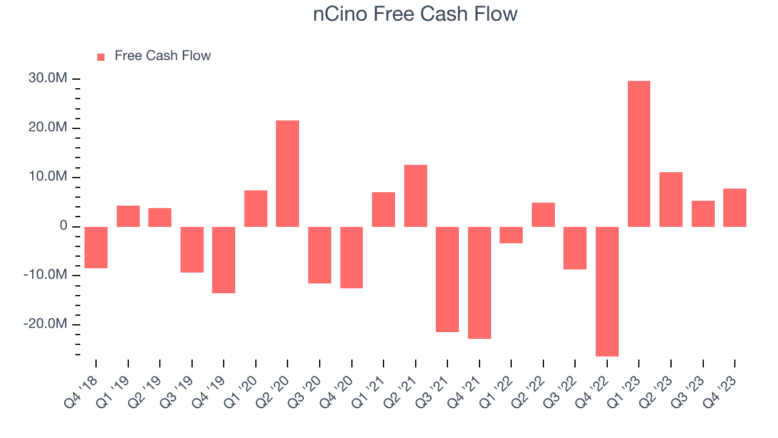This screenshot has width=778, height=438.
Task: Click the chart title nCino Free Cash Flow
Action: point(415,13)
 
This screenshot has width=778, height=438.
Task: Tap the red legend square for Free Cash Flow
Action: point(101,57)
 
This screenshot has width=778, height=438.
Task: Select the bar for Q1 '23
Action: point(639,154)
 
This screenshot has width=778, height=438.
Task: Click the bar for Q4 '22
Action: point(607,291)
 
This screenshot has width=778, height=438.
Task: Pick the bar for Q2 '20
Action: point(287,173)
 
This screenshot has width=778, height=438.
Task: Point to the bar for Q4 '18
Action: point(96,247)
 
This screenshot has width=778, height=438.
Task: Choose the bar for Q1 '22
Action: point(511,235)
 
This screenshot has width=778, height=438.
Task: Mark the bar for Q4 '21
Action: point(479,282)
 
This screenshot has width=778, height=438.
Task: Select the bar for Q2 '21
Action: point(415,196)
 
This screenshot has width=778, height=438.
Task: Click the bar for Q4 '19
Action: point(224,260)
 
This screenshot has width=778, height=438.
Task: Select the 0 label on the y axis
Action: point(63,226)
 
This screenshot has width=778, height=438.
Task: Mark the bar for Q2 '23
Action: point(670,200)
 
